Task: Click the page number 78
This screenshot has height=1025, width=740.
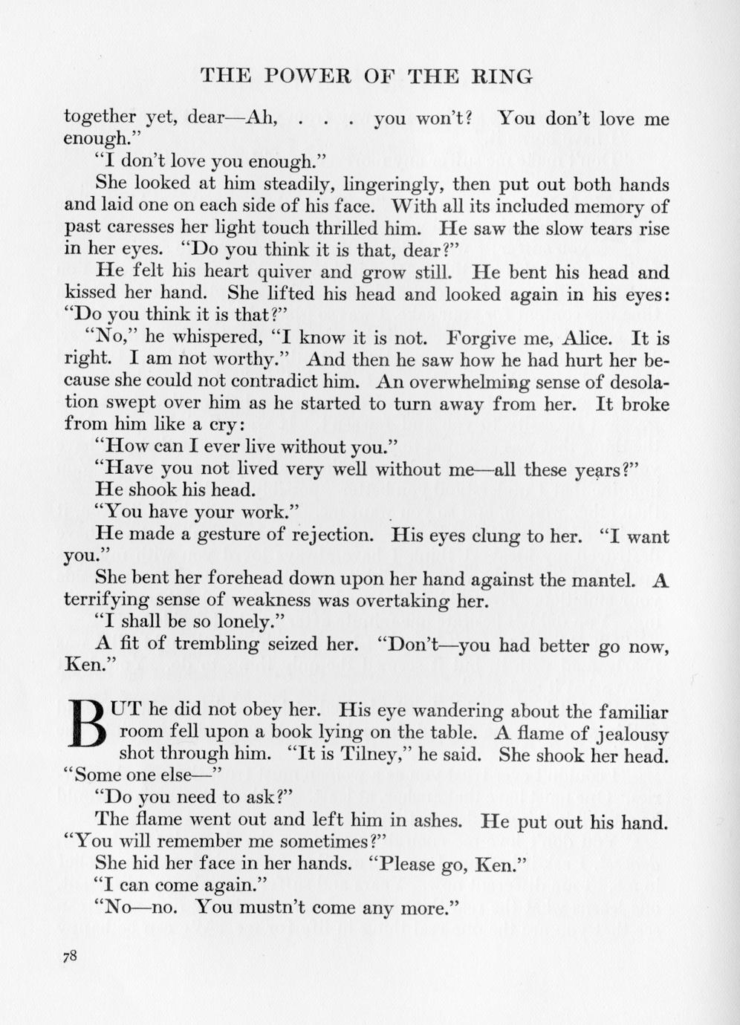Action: coord(71,957)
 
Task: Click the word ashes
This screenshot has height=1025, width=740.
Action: coord(433,821)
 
